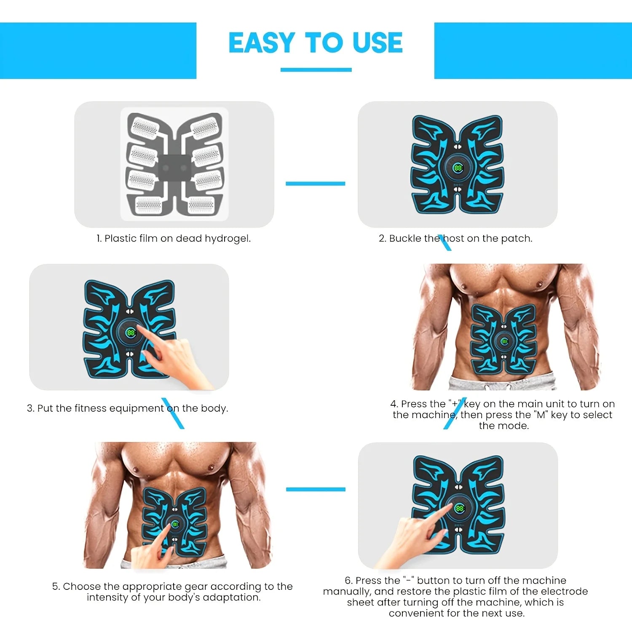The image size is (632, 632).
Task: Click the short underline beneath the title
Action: (316, 70)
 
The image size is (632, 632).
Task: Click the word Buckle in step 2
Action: (405, 238)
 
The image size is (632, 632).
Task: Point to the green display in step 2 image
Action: (458, 168)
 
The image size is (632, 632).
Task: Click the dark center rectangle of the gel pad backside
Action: (174, 168)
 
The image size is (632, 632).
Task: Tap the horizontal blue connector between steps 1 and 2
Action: (316, 183)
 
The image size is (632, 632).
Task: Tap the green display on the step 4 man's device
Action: (504, 341)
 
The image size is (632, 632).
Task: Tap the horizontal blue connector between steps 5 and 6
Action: (316, 489)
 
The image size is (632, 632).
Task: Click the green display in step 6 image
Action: (459, 508)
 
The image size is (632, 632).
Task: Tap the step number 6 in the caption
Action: (348, 581)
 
